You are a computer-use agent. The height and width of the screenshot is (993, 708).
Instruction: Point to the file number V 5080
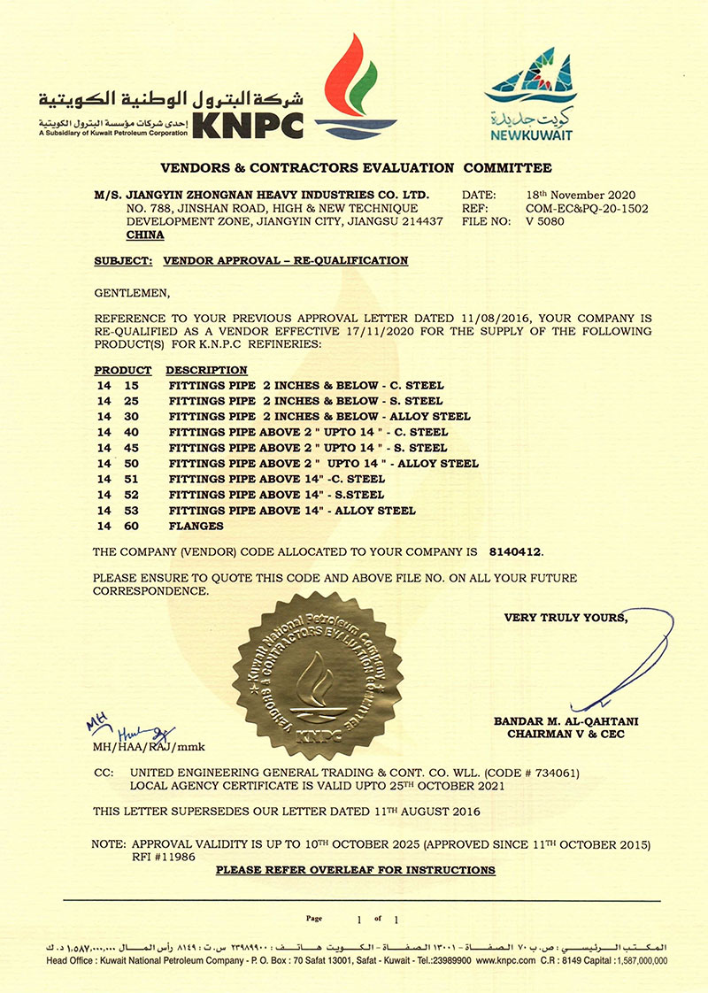click(545, 222)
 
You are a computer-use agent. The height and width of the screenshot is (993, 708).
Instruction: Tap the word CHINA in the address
click(145, 236)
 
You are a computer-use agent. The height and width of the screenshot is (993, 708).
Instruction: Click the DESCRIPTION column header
click(206, 370)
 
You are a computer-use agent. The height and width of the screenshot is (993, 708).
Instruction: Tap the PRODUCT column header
click(123, 370)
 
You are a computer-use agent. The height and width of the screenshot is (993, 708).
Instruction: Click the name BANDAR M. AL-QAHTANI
click(566, 721)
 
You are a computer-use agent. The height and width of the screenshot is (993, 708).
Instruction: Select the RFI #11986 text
click(162, 857)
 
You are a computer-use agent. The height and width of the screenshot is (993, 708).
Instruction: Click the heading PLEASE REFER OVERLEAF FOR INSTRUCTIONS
click(356, 871)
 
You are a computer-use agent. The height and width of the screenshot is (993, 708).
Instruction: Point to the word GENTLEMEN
click(130, 292)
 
